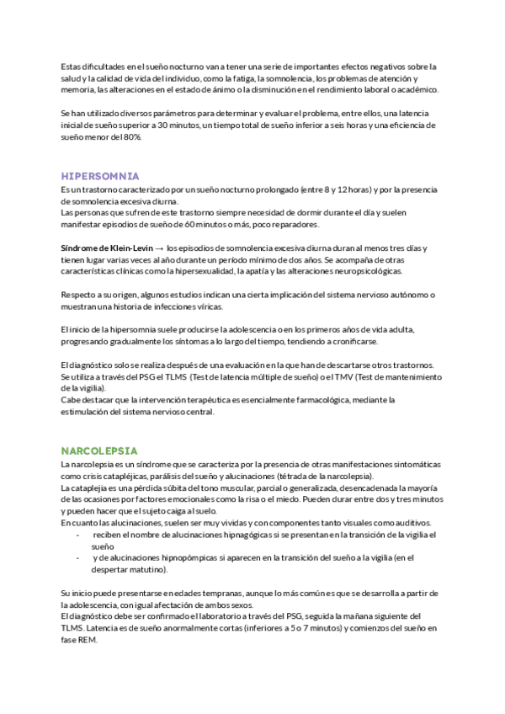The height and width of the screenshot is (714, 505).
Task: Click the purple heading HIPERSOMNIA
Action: click(x=100, y=176)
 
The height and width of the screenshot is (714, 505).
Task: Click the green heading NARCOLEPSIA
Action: click(x=99, y=450)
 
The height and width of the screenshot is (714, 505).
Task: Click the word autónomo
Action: click(x=407, y=295)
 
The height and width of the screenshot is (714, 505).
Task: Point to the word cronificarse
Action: click(x=355, y=341)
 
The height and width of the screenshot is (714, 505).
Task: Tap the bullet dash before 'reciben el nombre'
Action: click(x=77, y=535)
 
